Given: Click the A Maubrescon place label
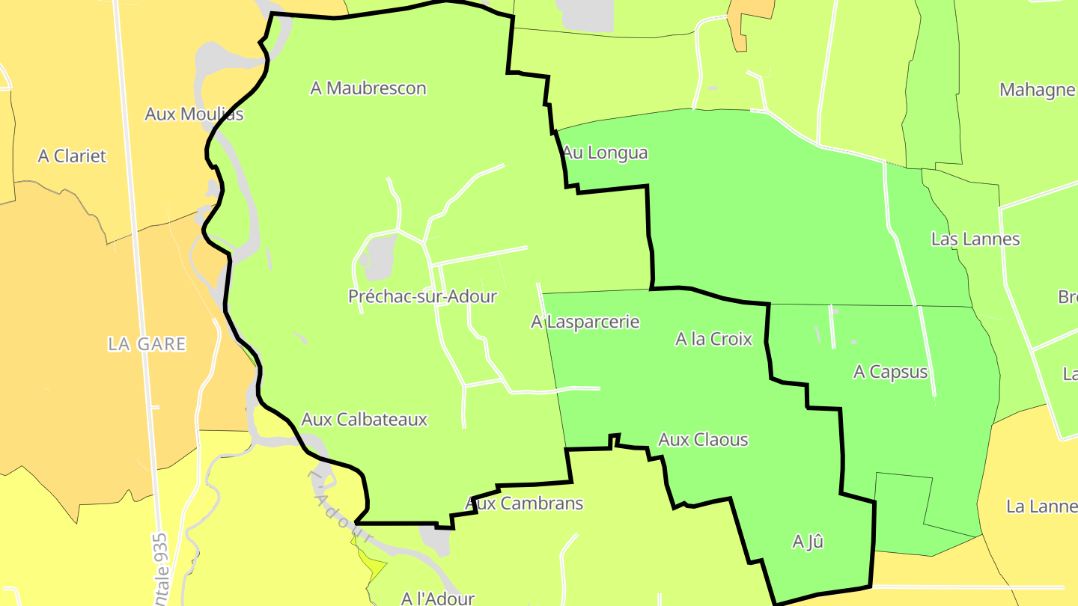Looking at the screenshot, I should click(x=368, y=88).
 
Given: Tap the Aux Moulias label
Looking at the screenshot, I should click(x=194, y=114).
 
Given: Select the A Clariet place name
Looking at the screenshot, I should click(x=72, y=156).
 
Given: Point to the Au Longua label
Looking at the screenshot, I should click(x=605, y=153).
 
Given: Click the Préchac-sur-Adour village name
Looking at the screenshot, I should click(x=422, y=296).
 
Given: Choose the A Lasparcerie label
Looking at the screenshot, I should click(x=585, y=322).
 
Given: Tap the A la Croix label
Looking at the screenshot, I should click(x=713, y=339).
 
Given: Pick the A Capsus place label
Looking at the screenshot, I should click(x=890, y=372).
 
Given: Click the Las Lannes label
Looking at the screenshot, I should click(x=975, y=239).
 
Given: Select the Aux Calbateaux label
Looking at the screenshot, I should click(x=364, y=419).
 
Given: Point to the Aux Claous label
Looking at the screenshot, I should click(x=703, y=439).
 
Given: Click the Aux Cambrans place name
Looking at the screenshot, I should click(x=524, y=504).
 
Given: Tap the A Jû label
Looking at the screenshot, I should click(x=808, y=542).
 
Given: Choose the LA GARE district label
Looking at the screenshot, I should click(x=147, y=344).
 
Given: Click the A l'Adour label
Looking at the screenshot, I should click(x=438, y=598).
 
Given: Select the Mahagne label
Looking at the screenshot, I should click(x=1038, y=91).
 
